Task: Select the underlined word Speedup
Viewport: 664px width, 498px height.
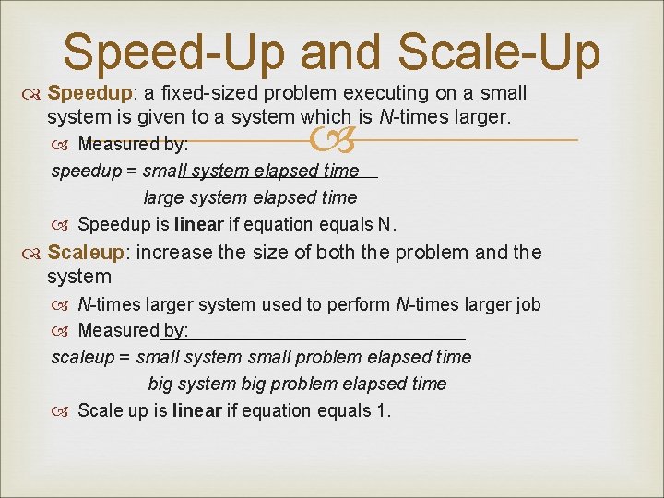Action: [x=80, y=93]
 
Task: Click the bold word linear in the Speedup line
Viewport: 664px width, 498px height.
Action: [x=198, y=224]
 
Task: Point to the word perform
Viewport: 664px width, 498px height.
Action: [x=361, y=304]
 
